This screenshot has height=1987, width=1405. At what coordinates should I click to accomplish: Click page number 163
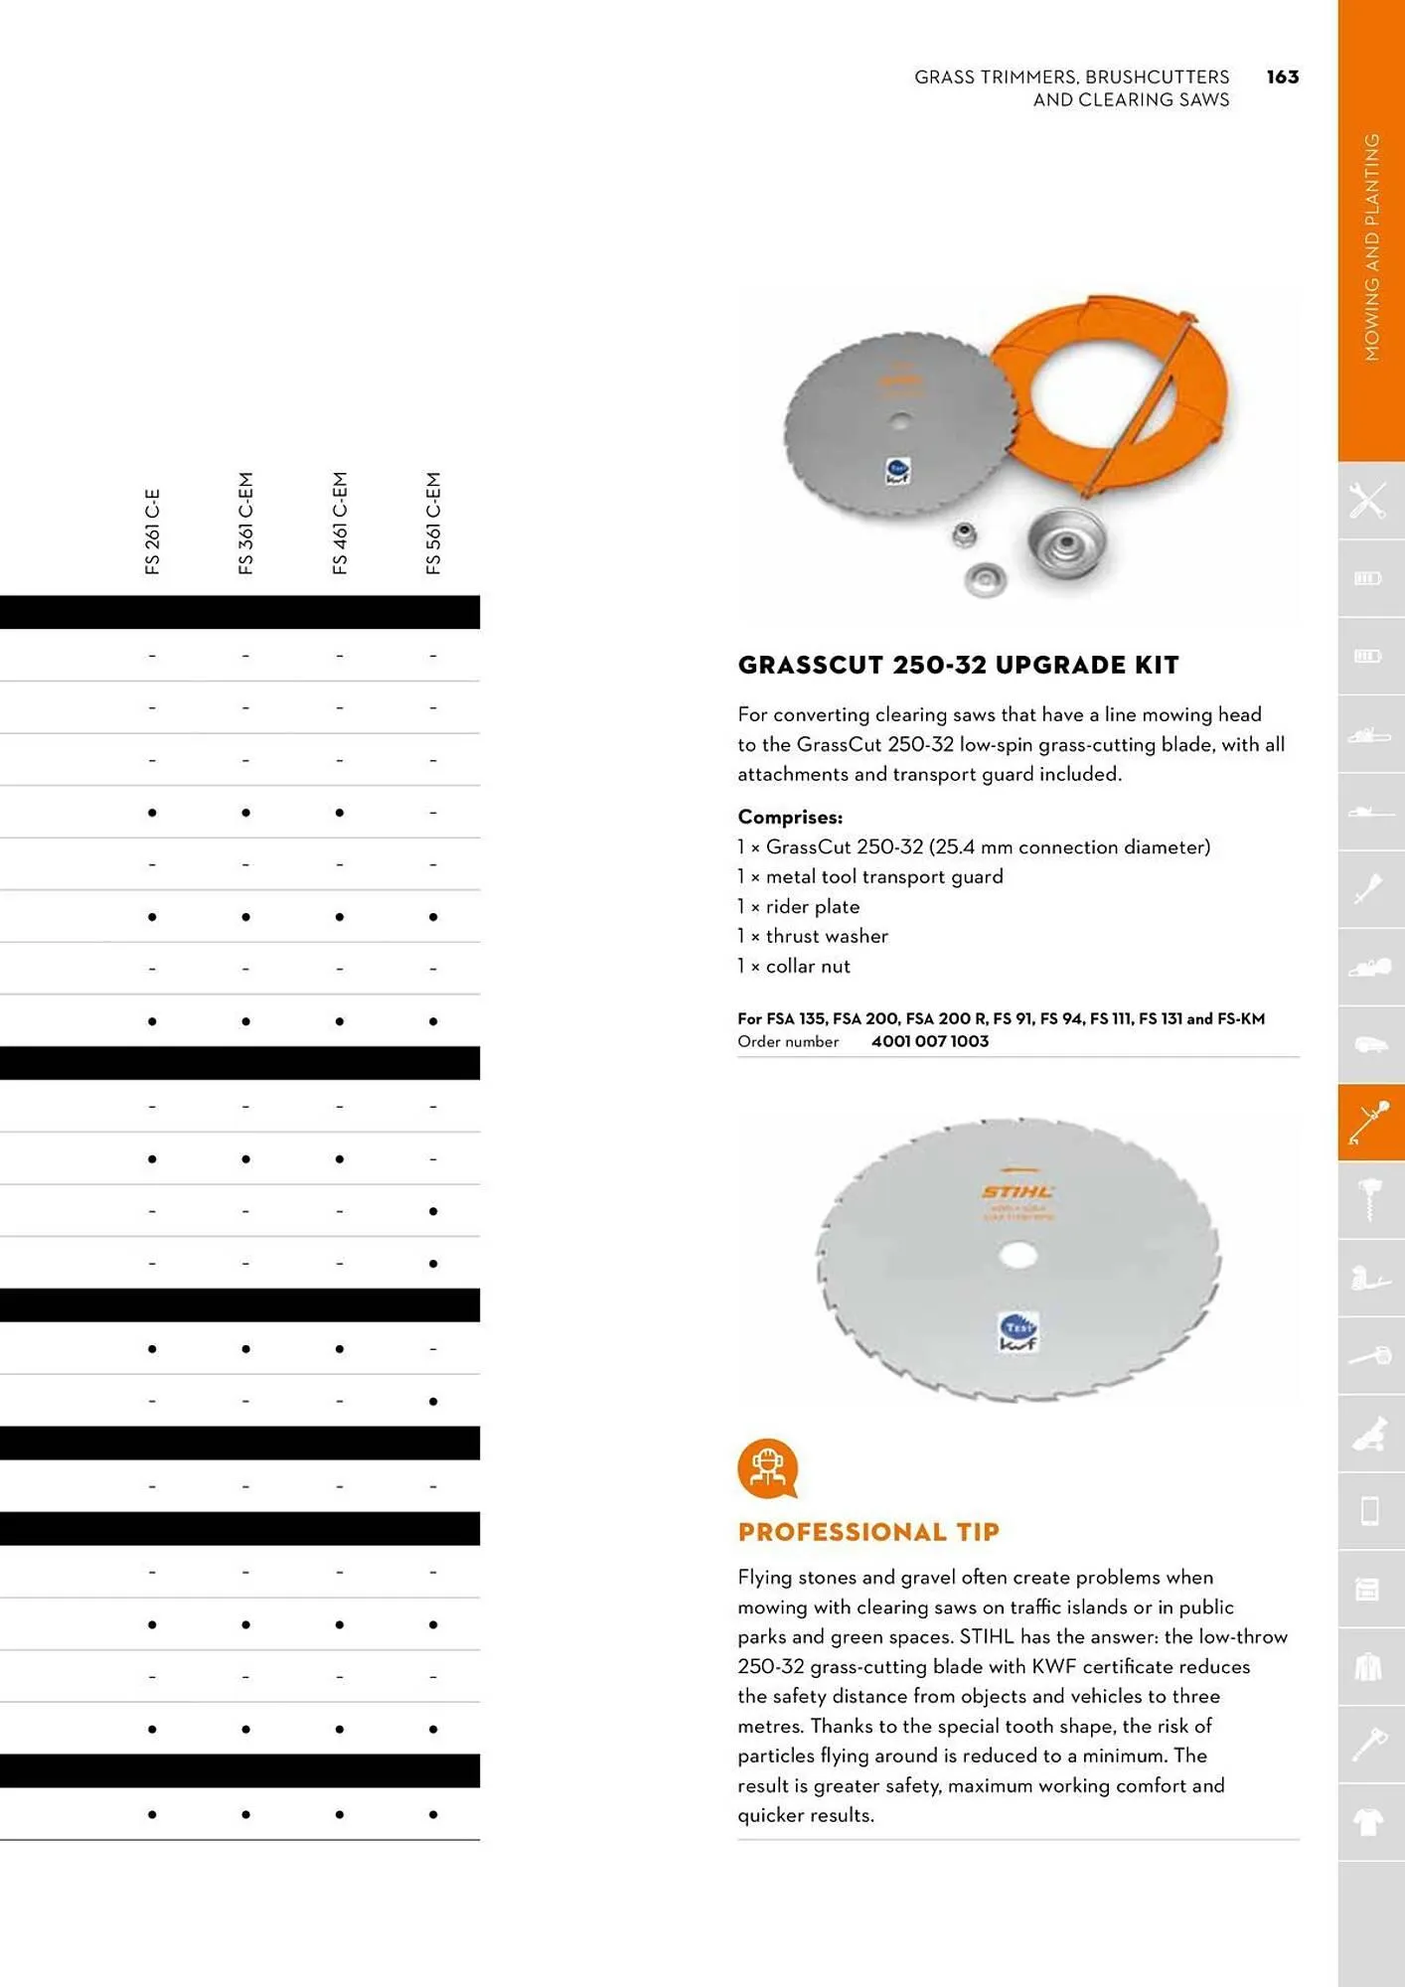tap(1282, 77)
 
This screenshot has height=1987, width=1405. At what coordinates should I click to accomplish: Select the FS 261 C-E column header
tap(152, 532)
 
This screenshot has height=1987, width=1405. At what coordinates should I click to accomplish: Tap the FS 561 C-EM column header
tap(433, 524)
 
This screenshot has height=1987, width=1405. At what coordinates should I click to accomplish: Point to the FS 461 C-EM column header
tap(340, 524)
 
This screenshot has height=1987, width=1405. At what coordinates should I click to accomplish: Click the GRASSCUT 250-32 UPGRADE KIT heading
tap(958, 666)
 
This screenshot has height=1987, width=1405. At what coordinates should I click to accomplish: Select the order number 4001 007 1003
tap(929, 1041)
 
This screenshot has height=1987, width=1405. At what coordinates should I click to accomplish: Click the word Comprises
tap(790, 817)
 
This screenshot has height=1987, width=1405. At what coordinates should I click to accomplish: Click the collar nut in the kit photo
tap(962, 535)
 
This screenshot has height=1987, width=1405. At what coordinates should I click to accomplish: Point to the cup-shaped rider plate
tap(1066, 542)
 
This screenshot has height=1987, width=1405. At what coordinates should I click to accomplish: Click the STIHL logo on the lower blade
tap(1017, 1192)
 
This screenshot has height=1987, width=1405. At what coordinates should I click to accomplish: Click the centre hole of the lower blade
tap(1016, 1256)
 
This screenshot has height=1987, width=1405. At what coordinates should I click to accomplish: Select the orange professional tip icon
tap(767, 1467)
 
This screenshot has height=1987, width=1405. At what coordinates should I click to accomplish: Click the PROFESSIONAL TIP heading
tap(868, 1532)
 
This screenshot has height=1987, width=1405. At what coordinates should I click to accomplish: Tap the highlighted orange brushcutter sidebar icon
tap(1370, 1122)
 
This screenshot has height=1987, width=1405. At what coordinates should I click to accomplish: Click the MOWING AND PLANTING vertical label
tap(1371, 248)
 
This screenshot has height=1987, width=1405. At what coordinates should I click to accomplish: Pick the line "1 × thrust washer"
tap(813, 936)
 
